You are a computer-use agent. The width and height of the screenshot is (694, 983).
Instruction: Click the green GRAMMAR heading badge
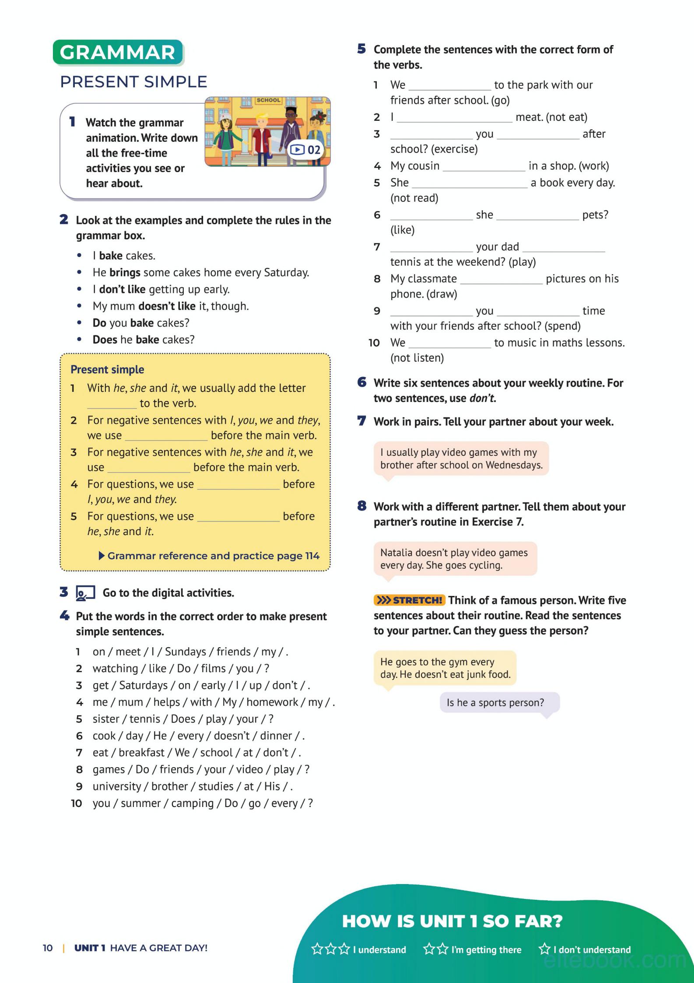tap(117, 53)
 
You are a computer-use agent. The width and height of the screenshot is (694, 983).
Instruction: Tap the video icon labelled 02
tap(305, 150)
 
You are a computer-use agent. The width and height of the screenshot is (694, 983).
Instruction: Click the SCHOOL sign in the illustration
tap(268, 100)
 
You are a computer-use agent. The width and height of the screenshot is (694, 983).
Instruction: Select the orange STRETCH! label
tap(409, 600)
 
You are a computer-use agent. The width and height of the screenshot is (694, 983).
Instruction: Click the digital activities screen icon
tap(85, 593)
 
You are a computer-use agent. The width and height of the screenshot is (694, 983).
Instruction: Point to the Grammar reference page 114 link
tap(210, 556)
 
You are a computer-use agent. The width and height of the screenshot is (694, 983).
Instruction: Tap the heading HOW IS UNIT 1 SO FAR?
tap(452, 921)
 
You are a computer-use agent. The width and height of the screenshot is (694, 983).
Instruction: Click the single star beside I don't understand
tap(544, 949)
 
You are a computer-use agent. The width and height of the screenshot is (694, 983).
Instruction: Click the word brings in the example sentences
tap(125, 272)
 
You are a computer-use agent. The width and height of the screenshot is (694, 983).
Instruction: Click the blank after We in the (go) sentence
tap(449, 86)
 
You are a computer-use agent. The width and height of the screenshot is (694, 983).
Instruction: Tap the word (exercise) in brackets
tap(454, 149)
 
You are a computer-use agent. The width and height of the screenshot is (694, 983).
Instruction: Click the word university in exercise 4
tap(117, 786)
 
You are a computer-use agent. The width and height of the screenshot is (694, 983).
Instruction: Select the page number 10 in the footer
tap(48, 948)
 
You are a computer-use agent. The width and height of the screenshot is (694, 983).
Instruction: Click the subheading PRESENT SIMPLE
tap(133, 82)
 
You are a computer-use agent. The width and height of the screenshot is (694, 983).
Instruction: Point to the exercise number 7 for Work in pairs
tap(361, 421)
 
